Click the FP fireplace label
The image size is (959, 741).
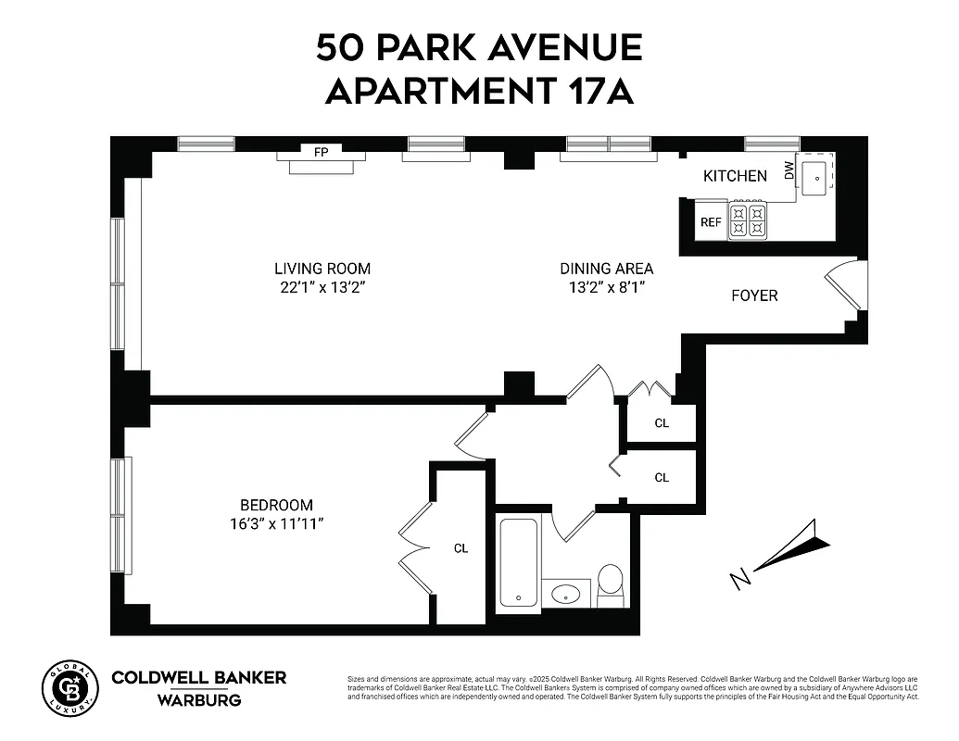point(321,153)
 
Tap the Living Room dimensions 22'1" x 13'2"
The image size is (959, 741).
point(322,287)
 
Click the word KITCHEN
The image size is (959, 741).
point(735,176)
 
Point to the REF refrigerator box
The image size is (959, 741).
point(711,222)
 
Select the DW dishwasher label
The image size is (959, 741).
point(789,170)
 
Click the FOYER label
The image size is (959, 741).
point(754,296)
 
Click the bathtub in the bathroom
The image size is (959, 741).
point(518,561)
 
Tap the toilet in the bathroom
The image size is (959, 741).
point(610,583)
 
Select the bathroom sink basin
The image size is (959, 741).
point(564,592)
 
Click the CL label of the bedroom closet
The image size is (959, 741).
point(461,548)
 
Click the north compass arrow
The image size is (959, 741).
point(788,552)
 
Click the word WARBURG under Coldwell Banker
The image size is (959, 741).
point(199,700)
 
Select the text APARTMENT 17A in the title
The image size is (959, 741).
point(479,91)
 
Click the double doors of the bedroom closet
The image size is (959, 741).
point(415,547)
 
